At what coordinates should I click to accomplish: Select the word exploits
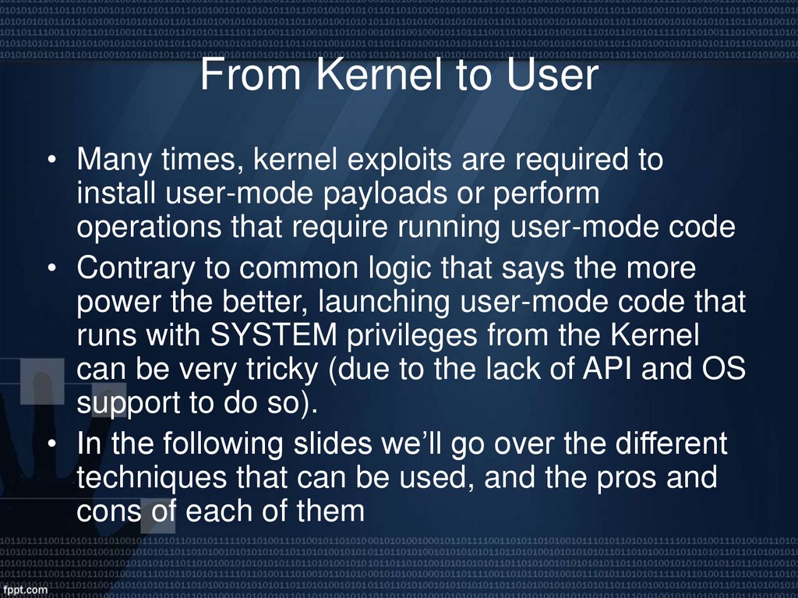click(x=399, y=161)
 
